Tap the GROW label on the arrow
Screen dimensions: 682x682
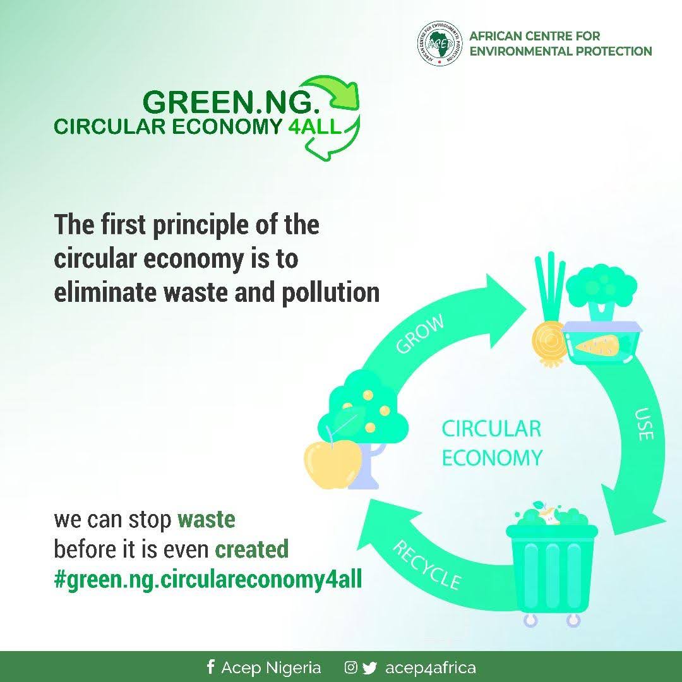[x=421, y=333]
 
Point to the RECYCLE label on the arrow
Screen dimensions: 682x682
[x=427, y=565]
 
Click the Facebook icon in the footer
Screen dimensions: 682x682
[x=210, y=667]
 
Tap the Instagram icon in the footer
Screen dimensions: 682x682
[x=350, y=667]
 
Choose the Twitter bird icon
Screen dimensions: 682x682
[x=369, y=667]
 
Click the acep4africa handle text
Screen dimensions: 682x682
[x=430, y=667]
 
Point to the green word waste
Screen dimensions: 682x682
[x=206, y=519]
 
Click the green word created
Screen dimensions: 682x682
[x=252, y=549]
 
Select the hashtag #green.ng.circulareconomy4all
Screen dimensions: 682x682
[x=208, y=579]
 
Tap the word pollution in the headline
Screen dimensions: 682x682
[x=330, y=292]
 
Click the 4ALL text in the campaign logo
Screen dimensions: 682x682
[x=314, y=126]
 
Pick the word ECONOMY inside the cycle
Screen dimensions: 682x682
[x=493, y=458]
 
